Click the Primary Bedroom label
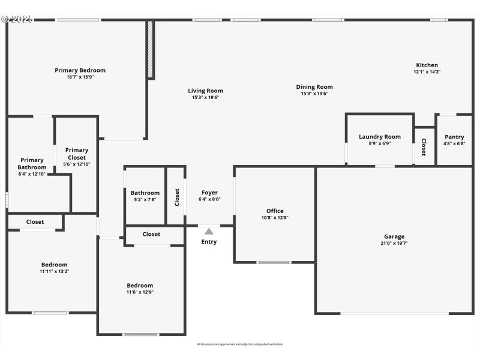pos(80,70)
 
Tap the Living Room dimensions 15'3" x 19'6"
pos(206,97)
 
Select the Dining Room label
pos(314,87)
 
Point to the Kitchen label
pos(427,65)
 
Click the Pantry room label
pos(454,137)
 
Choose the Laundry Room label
pos(380,137)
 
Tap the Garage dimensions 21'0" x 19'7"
pos(394,243)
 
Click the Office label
pos(275,211)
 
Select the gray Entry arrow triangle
pos(209,231)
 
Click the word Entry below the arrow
pos(209,242)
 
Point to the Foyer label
pos(209,193)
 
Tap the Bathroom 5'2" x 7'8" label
pos(145,193)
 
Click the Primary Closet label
pos(76,154)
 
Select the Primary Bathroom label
pos(32,164)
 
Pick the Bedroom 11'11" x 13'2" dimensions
pos(54,271)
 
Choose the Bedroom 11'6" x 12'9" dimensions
pos(140,292)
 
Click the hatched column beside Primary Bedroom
pos(151,50)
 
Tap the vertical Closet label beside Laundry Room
pos(424,147)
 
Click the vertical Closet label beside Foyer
pos(176,197)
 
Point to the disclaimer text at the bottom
pos(240,344)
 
